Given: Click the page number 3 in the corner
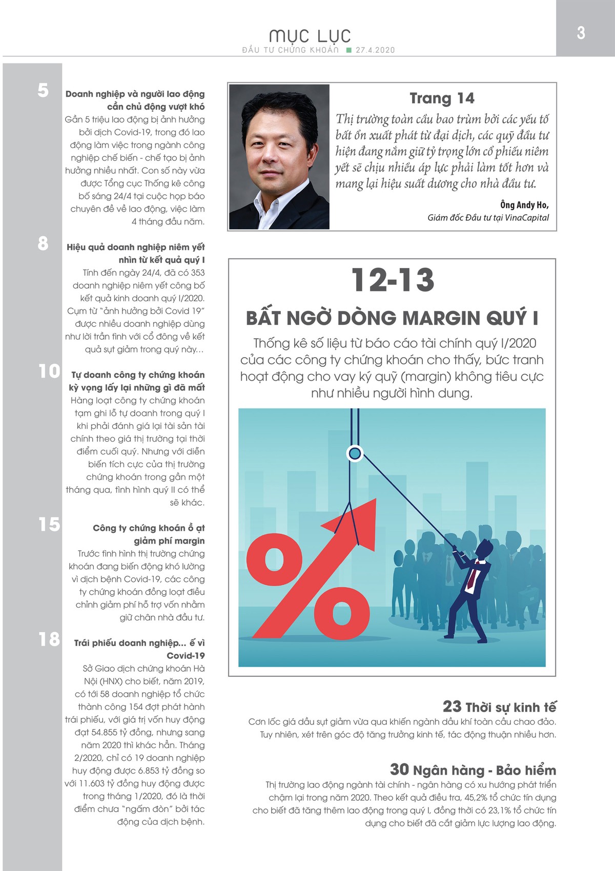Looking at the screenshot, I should point(581,33).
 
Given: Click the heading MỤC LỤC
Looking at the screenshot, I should point(310,36).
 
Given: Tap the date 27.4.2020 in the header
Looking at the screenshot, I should point(375,50).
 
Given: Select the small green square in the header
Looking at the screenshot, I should point(349,50).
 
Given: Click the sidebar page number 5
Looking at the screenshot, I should point(43,90).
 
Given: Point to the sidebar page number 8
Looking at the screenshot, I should point(43,243).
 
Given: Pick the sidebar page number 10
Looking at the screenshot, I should point(49,371).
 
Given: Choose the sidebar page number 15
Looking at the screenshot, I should point(49,524).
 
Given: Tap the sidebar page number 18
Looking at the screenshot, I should point(49,639).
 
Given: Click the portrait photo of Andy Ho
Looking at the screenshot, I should point(279,156).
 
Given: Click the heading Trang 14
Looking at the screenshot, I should point(442,98).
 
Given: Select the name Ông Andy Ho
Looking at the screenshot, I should point(524,205).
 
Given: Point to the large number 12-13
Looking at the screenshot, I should point(393,280).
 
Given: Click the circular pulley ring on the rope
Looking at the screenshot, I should point(355,453).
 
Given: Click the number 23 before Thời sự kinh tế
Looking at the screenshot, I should point(452,707).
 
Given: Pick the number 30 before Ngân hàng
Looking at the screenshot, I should point(399,770).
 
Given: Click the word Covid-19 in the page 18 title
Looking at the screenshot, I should point(186,656).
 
